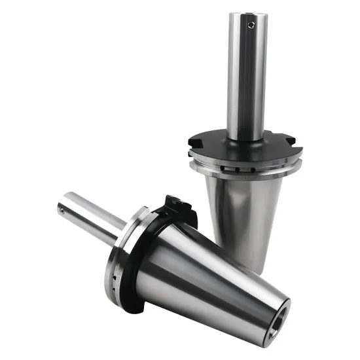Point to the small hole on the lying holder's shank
(61, 210)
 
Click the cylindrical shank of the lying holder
(92, 213)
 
